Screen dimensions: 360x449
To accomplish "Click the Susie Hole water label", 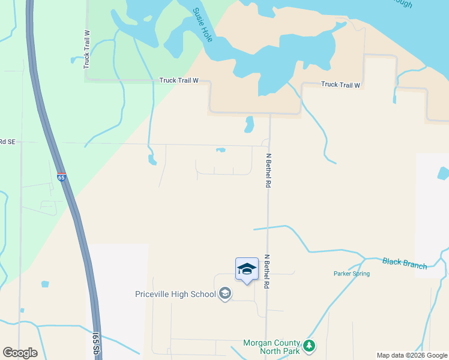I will click(x=203, y=22).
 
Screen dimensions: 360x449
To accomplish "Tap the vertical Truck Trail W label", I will click(x=86, y=49).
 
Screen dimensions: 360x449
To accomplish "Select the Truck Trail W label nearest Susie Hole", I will click(x=178, y=80).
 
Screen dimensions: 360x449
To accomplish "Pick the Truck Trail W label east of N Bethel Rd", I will click(x=340, y=85).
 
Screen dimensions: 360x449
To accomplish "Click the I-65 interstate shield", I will click(x=61, y=177).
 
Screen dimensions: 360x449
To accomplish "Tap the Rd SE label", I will click(x=7, y=142).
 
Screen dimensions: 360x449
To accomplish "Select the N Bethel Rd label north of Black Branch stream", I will click(x=268, y=172).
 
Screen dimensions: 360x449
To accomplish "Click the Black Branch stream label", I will click(x=404, y=263).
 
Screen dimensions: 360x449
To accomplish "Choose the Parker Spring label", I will click(x=352, y=274).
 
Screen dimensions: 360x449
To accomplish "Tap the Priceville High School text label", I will click(x=175, y=294).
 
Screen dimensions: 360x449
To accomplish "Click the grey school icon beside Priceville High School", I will click(x=225, y=293).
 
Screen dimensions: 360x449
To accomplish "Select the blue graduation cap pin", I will click(x=246, y=269).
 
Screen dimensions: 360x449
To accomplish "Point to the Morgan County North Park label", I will click(x=271, y=347).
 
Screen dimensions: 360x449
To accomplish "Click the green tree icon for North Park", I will click(x=309, y=346).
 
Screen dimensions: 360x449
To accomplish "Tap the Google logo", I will click(x=20, y=353).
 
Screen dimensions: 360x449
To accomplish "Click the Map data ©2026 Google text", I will click(x=412, y=355).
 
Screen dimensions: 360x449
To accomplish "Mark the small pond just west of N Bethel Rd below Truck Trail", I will click(x=249, y=124).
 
